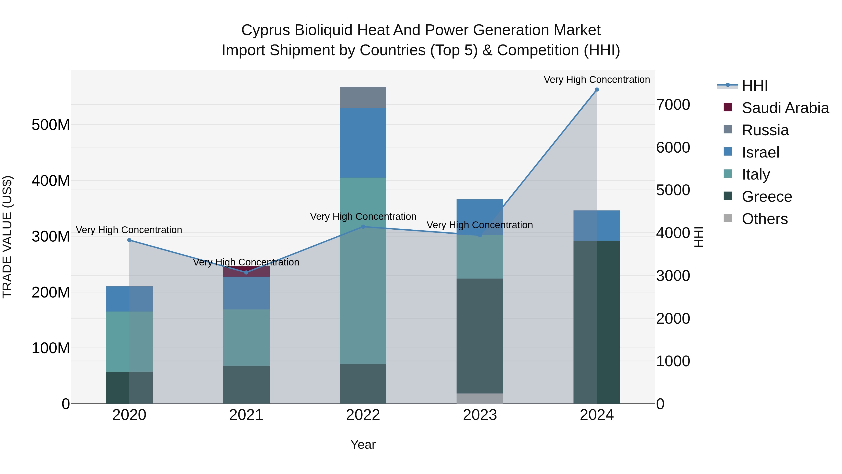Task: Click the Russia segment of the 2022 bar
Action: pos(363,97)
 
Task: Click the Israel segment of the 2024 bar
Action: pos(596,226)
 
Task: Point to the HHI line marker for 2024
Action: pos(596,90)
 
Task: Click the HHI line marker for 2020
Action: pos(129,240)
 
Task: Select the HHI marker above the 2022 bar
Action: pos(363,227)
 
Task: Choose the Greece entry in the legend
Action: pos(766,197)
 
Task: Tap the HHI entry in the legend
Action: pos(754,86)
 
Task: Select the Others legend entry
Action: pos(764,219)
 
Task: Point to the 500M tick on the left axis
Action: pos(51,125)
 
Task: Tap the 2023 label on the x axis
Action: pos(479,415)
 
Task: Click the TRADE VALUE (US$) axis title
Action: pos(7,237)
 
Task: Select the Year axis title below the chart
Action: pos(363,445)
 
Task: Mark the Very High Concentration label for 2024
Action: pos(596,80)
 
